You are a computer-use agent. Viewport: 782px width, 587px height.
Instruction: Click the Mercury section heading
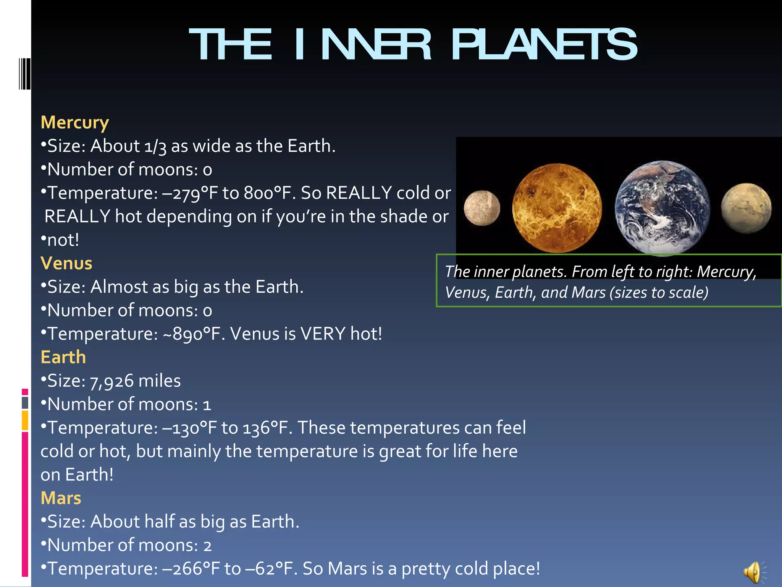(x=75, y=122)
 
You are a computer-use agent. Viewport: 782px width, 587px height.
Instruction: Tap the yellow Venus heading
(x=66, y=263)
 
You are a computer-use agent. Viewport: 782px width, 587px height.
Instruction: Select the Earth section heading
(x=63, y=357)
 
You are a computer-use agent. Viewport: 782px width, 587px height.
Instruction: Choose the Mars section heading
(x=61, y=498)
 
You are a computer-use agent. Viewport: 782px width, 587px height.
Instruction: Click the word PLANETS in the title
(x=544, y=45)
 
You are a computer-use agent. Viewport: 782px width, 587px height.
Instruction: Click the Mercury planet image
(x=482, y=208)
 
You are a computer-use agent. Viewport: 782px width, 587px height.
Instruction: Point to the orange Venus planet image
(x=557, y=208)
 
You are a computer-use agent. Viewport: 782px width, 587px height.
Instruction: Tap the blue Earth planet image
(x=662, y=208)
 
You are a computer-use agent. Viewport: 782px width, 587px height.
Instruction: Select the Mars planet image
(x=746, y=208)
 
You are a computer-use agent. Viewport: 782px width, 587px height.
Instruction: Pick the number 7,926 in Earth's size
(x=112, y=381)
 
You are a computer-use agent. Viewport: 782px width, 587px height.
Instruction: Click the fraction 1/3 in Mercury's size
(x=155, y=147)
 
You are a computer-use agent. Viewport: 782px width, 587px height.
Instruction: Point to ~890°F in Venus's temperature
(x=194, y=334)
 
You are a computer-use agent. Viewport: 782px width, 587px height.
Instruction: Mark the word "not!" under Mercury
(x=63, y=240)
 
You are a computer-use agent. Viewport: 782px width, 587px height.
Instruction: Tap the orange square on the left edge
(x=25, y=420)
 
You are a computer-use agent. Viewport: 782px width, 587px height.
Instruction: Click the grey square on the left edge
(x=25, y=402)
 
